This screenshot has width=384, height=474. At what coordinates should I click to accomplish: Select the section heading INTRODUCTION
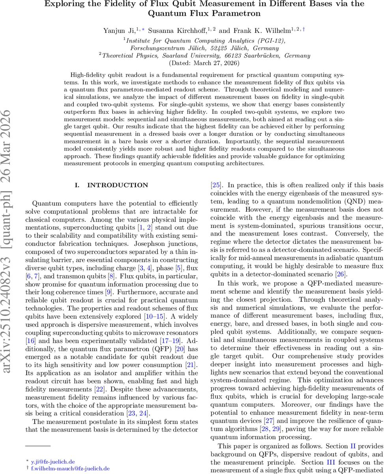(117, 185)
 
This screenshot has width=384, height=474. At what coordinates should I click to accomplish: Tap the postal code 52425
(212, 48)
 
